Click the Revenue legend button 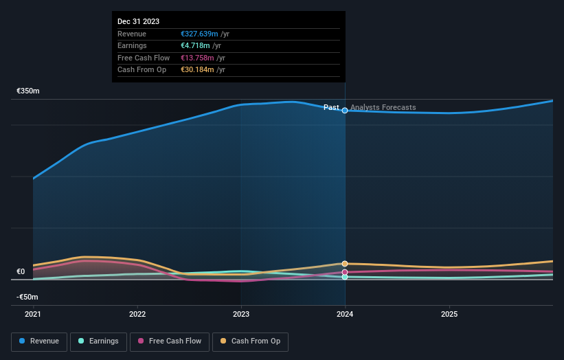click(x=39, y=341)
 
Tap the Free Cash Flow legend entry click(x=170, y=341)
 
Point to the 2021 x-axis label click(x=33, y=314)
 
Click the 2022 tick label click(x=137, y=314)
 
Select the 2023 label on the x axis click(x=241, y=314)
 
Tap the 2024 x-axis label click(x=345, y=314)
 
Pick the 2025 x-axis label click(x=449, y=314)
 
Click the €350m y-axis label click(x=28, y=91)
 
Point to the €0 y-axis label click(x=21, y=271)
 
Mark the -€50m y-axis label click(x=27, y=297)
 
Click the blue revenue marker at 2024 click(x=345, y=111)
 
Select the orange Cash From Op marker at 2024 click(x=345, y=264)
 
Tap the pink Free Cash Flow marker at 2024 click(x=345, y=273)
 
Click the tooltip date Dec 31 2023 click(x=138, y=21)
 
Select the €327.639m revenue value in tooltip click(x=199, y=34)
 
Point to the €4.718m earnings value click(x=194, y=46)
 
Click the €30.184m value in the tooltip click(x=197, y=69)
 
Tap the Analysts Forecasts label click(x=383, y=108)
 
